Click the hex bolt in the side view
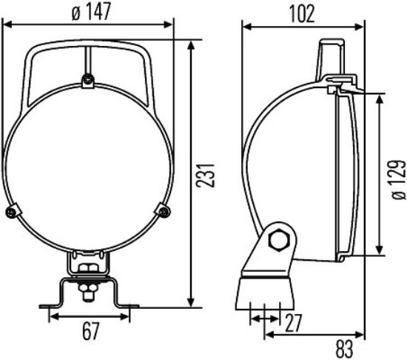point(280,241)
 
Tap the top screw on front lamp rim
point(87,80)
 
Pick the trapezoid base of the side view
point(266,293)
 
